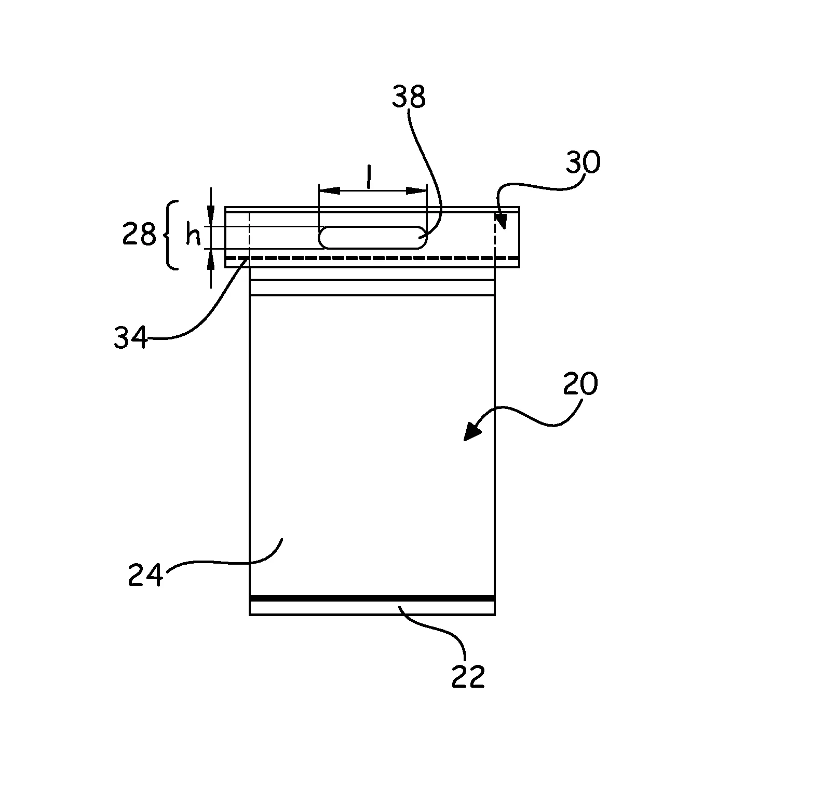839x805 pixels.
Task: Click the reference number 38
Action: (x=409, y=97)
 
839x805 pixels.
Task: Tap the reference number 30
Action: (x=583, y=162)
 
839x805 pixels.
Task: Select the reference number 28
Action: (x=139, y=235)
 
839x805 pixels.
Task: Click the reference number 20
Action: (x=581, y=385)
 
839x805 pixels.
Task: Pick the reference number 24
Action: (x=146, y=575)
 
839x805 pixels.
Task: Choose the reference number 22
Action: (x=468, y=677)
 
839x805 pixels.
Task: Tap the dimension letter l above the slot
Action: (x=369, y=179)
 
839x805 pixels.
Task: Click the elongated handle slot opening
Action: (x=372, y=238)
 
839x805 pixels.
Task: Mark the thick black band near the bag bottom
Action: (x=372, y=598)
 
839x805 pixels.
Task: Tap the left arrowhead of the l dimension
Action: (x=329, y=191)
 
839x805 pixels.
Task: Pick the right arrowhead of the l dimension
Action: (x=416, y=191)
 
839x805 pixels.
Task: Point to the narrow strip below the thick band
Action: (x=372, y=608)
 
